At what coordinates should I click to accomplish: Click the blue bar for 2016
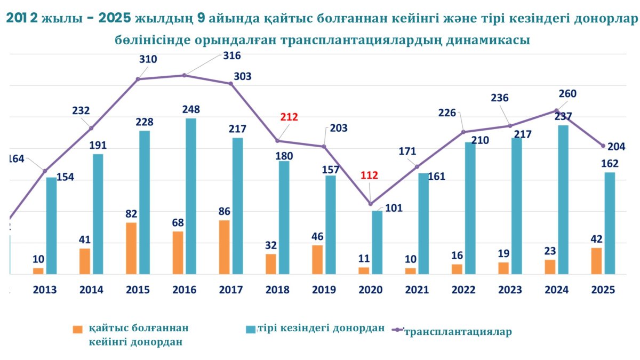click(x=191, y=196)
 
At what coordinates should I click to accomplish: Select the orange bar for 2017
click(x=225, y=247)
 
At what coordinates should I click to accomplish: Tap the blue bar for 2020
click(x=377, y=243)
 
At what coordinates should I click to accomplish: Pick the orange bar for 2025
click(x=597, y=261)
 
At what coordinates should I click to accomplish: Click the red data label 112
click(x=369, y=175)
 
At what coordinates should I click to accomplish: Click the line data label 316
click(x=231, y=55)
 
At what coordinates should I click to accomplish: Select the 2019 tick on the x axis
click(x=324, y=290)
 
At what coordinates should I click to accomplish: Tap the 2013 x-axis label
click(x=45, y=290)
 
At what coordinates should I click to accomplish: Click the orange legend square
click(x=78, y=330)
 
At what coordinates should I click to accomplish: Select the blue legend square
click(x=250, y=330)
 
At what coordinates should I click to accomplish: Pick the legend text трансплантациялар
click(x=458, y=332)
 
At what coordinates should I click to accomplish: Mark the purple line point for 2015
click(x=138, y=79)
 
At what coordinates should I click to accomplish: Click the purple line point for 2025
click(x=603, y=146)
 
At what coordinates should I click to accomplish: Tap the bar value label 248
click(x=190, y=110)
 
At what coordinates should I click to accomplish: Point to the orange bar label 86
click(x=225, y=211)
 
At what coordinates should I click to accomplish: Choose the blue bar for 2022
click(x=470, y=208)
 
